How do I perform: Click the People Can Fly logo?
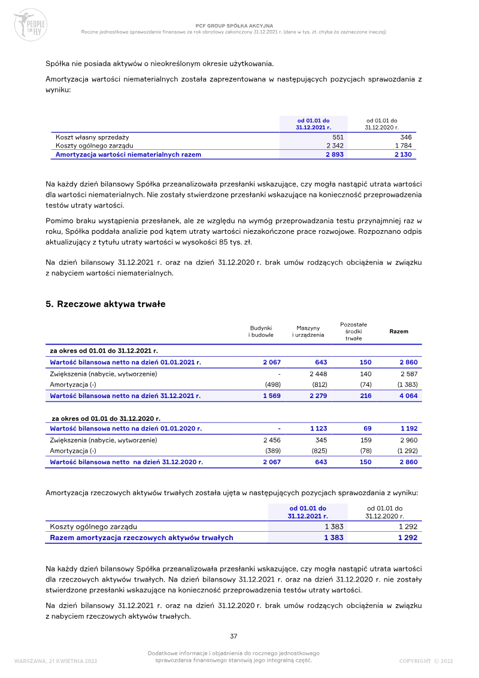pos(30,24)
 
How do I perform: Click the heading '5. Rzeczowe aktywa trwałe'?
pos(105,304)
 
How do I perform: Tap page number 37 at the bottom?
pos(234,636)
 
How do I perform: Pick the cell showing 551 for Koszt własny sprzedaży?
pos(338,137)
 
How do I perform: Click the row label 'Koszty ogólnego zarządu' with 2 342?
pos(95,146)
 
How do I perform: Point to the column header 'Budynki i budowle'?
pos(261,332)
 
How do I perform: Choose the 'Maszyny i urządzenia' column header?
pos(308,332)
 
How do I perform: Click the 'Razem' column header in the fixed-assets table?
pos(399,332)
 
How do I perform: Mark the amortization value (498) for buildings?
pos(272,384)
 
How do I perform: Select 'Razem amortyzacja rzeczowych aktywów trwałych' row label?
pos(141,538)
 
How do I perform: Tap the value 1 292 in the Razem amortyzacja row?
pos(407,538)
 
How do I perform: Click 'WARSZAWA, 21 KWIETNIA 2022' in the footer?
pos(55,661)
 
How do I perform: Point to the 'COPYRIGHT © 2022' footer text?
pos(426,661)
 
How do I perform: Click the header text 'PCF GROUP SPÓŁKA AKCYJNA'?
pos(234,26)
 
